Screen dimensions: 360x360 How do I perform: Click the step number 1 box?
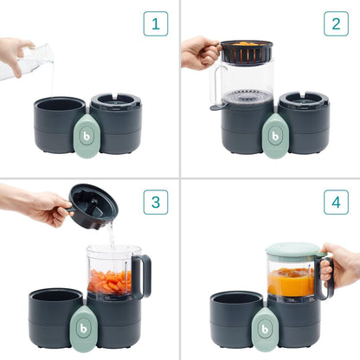(x=156, y=23)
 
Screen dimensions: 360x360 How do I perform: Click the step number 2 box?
(x=336, y=23)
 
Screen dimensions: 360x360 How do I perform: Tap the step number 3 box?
(x=156, y=203)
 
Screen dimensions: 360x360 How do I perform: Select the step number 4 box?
(x=336, y=203)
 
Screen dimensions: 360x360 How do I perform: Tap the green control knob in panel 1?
(x=87, y=136)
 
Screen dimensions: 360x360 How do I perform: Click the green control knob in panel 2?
(x=275, y=136)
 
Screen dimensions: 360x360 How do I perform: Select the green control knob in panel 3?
(x=87, y=322)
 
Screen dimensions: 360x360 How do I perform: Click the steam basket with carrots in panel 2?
(x=246, y=52)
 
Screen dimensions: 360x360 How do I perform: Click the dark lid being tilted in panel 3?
(x=93, y=206)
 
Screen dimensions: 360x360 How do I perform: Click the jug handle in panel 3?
(x=142, y=275)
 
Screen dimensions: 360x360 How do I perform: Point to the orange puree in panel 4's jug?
(x=291, y=282)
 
